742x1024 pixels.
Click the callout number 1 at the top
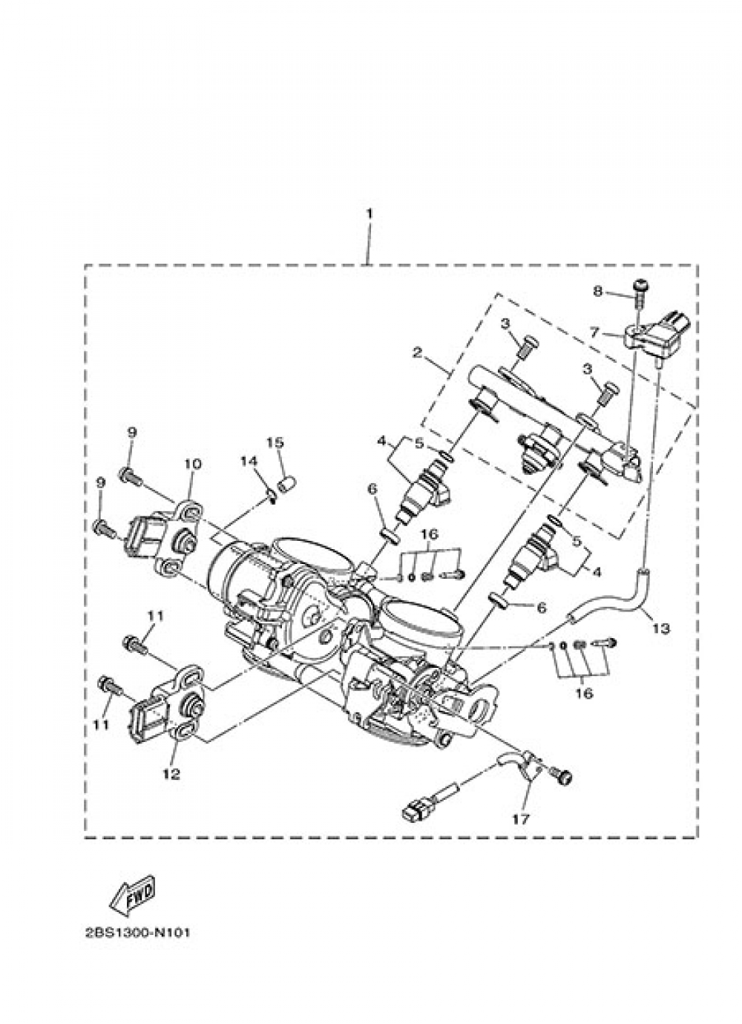[x=369, y=214]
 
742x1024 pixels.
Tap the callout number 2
[x=416, y=353]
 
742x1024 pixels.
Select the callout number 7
[x=594, y=333]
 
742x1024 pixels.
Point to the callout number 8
[x=598, y=292]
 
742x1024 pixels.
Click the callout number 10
[x=192, y=465]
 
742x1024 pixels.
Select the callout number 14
[x=249, y=462]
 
